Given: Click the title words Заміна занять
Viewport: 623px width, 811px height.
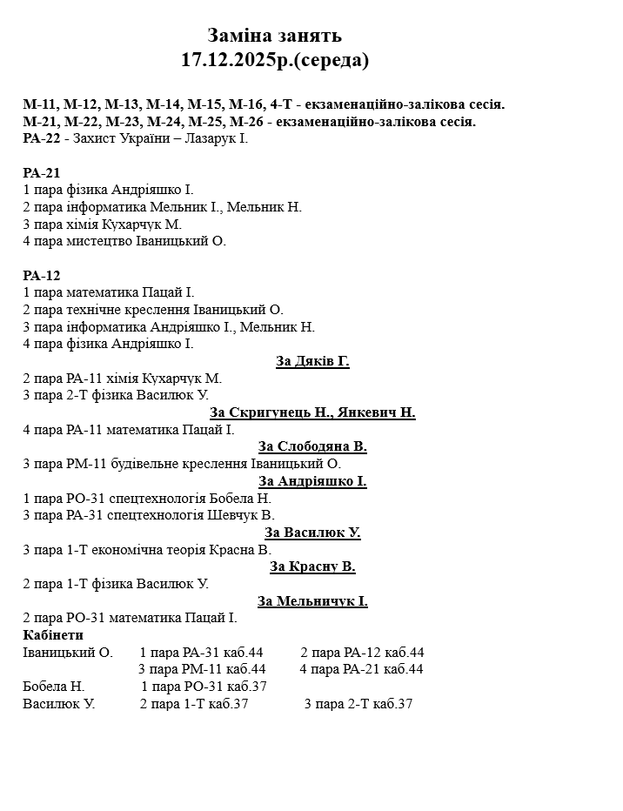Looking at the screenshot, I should click(x=274, y=36).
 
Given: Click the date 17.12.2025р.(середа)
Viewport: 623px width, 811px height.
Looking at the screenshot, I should click(x=275, y=60).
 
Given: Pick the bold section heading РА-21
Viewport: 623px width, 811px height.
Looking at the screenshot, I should click(x=41, y=172).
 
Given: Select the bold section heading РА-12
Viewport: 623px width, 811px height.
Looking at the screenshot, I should click(x=41, y=275).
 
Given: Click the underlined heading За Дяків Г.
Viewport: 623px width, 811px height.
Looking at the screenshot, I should click(x=312, y=361).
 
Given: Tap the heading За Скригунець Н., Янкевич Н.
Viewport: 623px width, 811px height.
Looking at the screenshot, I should click(x=312, y=412).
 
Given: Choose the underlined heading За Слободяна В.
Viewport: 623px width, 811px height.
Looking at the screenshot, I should click(x=312, y=446).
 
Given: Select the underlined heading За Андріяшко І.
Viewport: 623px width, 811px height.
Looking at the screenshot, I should click(x=312, y=481).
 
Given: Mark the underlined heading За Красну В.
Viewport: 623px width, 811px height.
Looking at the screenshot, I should click(x=312, y=566).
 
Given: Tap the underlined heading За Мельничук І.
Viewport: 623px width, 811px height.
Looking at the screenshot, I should click(x=312, y=601).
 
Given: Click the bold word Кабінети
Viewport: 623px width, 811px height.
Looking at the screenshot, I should click(x=53, y=635).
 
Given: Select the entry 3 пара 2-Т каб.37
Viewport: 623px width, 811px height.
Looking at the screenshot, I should click(x=358, y=704).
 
